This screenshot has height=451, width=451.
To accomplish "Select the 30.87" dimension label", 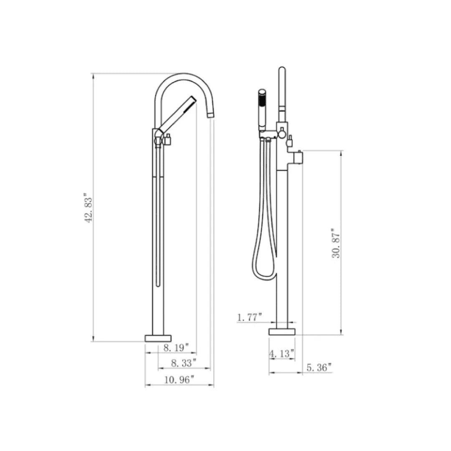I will point(336,243).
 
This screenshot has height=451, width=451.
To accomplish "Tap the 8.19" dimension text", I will point(176,347).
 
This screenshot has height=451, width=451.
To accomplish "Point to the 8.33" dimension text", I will point(183,363).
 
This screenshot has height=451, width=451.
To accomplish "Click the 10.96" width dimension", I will point(180,380).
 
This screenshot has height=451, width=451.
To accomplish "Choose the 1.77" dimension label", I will point(250,317).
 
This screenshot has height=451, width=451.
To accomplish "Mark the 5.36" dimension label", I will point(319,367).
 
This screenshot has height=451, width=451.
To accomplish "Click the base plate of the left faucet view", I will point(158,338).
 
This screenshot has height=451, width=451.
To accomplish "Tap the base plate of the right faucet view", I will point(282,332).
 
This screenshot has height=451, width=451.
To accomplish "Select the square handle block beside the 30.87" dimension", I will point(298,157).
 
